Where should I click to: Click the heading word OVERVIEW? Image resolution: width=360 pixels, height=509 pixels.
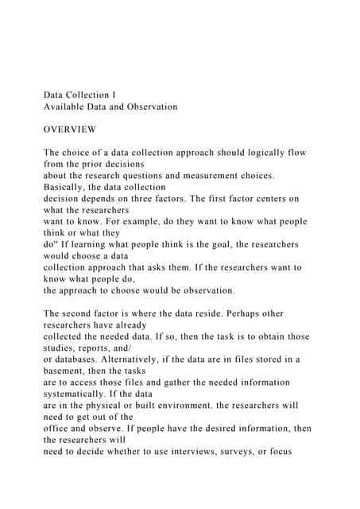tap(70, 129)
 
